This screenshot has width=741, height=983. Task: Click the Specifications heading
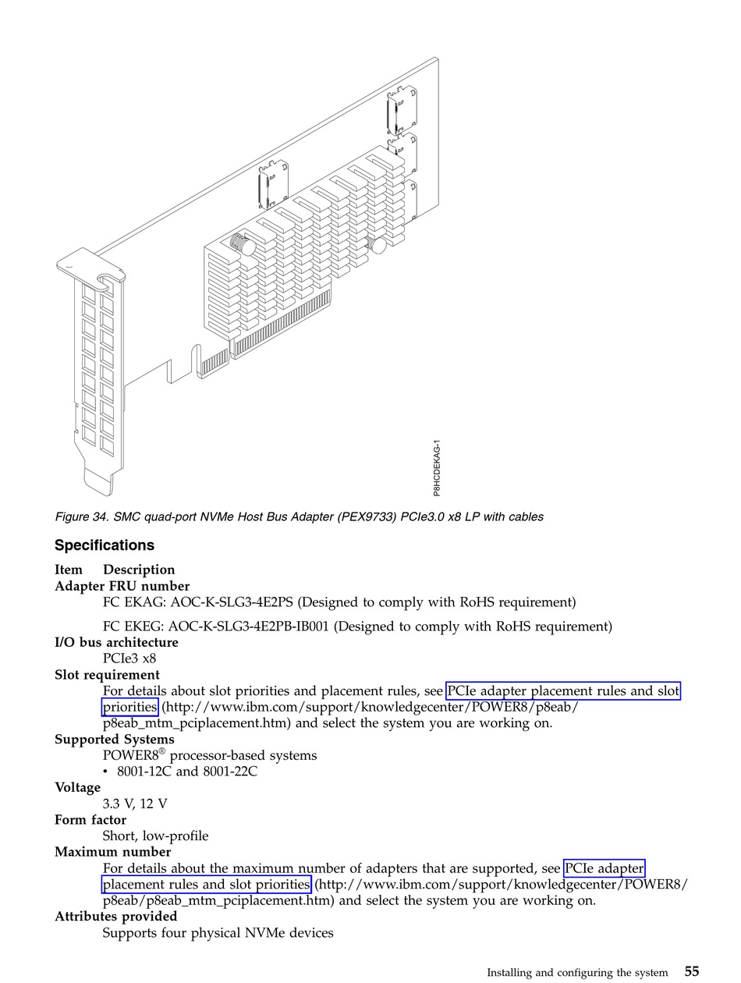(x=105, y=545)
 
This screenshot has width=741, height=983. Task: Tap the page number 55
(x=692, y=971)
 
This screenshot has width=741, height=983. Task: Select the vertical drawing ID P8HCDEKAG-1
(x=438, y=467)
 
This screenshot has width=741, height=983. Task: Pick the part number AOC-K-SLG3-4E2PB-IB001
(x=250, y=626)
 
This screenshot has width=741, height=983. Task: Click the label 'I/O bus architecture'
(x=116, y=642)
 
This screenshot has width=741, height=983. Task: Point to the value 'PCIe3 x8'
(x=129, y=658)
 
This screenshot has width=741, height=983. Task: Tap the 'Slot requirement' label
(x=107, y=675)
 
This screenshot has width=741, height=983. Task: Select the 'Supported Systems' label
(x=115, y=739)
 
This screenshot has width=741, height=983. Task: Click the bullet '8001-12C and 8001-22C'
(x=187, y=772)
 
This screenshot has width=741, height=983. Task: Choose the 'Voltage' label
(x=78, y=787)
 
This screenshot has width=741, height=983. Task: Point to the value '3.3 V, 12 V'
(x=135, y=804)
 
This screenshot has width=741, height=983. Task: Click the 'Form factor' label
(x=90, y=819)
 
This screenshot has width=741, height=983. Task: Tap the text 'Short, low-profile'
(x=156, y=836)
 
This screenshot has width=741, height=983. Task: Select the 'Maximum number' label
(x=112, y=851)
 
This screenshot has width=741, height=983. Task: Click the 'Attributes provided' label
(x=115, y=916)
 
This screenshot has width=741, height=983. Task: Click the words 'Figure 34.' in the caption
(x=82, y=516)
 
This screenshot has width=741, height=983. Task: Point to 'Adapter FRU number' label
(x=122, y=586)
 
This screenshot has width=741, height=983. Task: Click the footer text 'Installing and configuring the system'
(x=577, y=973)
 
